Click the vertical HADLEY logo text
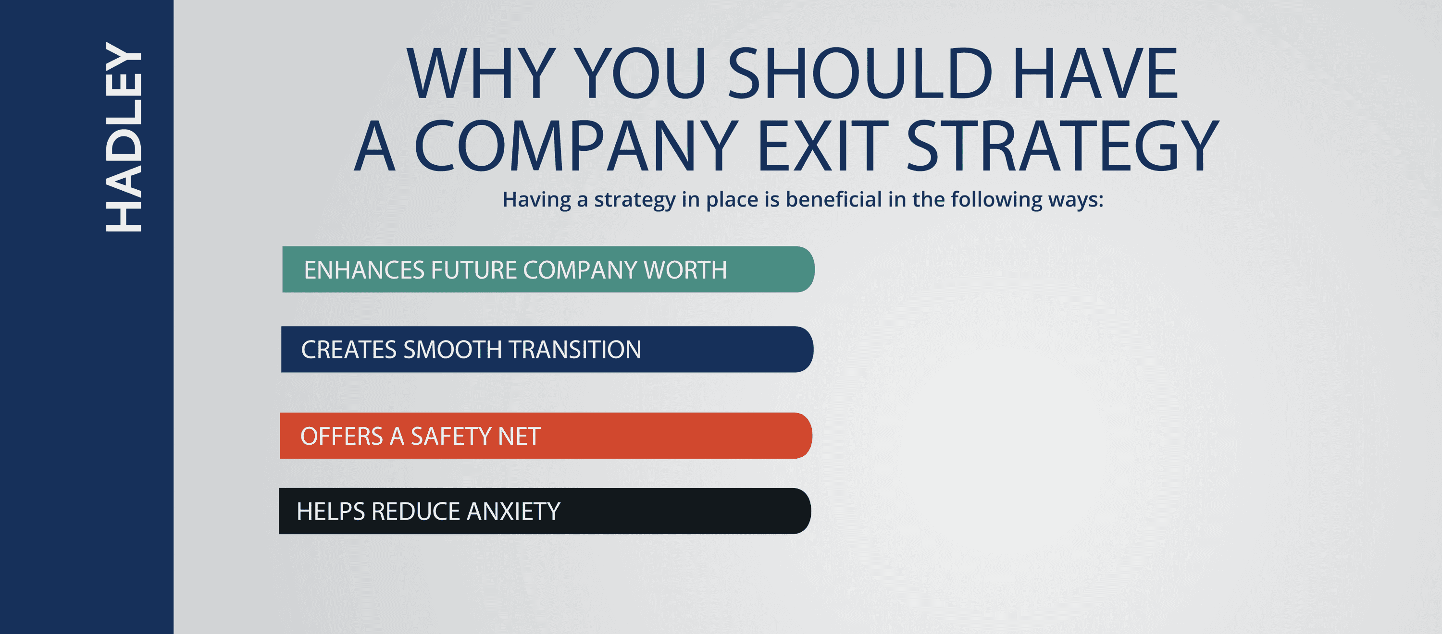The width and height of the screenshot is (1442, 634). (124, 137)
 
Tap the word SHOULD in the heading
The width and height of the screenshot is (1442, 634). (859, 74)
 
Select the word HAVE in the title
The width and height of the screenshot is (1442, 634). (1095, 74)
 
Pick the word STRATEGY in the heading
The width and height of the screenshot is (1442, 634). (1062, 146)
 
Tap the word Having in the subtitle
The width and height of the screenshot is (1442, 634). (536, 199)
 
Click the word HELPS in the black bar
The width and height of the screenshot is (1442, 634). (330, 512)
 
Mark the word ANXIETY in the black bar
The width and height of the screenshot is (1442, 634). (513, 512)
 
